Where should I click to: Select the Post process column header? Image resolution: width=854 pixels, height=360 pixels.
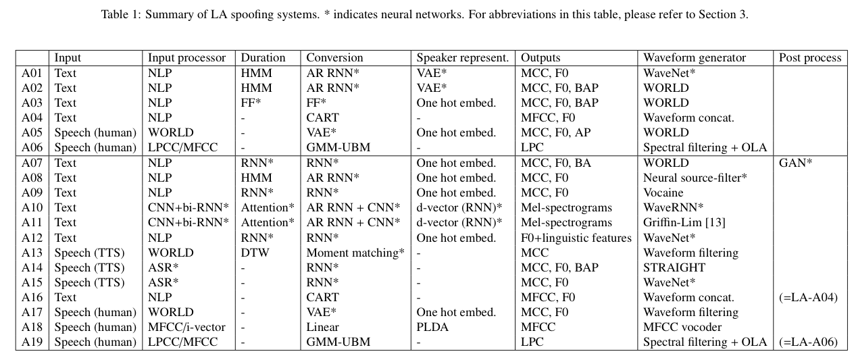pyautogui.click(x=810, y=57)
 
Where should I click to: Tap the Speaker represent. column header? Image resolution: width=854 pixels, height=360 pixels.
pyautogui.click(x=462, y=57)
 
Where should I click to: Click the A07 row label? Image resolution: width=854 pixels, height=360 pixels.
pyautogui.click(x=32, y=163)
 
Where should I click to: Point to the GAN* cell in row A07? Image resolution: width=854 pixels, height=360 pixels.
pyautogui.click(x=795, y=163)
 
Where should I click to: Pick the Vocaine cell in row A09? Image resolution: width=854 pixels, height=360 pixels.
pyautogui.click(x=663, y=192)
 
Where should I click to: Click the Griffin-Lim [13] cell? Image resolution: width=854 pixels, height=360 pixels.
pyautogui.click(x=684, y=222)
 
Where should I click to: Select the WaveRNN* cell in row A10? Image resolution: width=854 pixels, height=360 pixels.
pyautogui.click(x=673, y=207)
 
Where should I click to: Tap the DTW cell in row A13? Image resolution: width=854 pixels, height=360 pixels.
pyautogui.click(x=255, y=253)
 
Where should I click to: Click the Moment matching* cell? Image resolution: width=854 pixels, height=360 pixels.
pyautogui.click(x=355, y=253)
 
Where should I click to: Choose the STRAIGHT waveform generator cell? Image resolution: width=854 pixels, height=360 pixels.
pyautogui.click(x=674, y=267)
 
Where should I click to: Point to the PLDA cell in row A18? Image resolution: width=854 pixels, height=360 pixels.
pyautogui.click(x=432, y=327)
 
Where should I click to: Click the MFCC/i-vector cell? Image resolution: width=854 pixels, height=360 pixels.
pyautogui.click(x=186, y=327)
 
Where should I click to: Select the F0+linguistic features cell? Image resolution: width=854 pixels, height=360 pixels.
pyautogui.click(x=576, y=238)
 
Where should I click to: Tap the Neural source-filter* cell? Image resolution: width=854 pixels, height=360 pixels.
pyautogui.click(x=695, y=178)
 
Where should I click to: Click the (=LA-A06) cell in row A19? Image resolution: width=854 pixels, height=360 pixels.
pyautogui.click(x=808, y=342)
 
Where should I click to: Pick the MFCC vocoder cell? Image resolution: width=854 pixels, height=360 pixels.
pyautogui.click(x=682, y=327)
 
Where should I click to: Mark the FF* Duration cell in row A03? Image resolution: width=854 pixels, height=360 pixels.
pyautogui.click(x=251, y=103)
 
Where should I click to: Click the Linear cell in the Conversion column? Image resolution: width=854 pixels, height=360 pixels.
pyautogui.click(x=322, y=327)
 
